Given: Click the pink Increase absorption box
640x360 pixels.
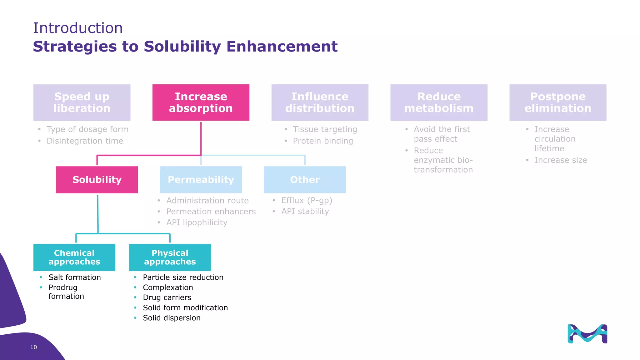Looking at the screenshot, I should pos(201,102).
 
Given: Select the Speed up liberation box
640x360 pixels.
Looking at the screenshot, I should pos(82,102).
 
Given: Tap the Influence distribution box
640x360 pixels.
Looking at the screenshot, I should pos(320,102).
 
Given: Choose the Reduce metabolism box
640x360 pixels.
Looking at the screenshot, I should pos(439,102).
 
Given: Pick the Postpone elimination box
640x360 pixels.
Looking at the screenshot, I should pos(558,102).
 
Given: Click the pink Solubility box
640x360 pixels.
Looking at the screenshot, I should pos(97,180).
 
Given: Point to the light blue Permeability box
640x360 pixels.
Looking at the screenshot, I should pos(201,180).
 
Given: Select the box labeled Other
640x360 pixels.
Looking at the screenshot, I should pos(305,180).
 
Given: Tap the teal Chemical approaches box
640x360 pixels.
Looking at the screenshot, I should pos(74,257).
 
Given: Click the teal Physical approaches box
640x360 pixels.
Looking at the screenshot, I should pos(170,257).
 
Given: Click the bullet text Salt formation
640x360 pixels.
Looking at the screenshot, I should pos(75,277).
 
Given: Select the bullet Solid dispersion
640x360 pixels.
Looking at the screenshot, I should pos(172,318).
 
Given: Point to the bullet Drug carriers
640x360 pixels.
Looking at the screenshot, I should pos(167,297).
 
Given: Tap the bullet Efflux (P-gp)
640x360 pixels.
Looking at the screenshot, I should pos(307,200).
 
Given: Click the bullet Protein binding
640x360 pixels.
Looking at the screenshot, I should pos(322,141).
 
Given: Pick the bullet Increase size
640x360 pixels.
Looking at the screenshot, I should pos(560,160).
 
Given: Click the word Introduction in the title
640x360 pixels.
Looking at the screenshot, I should pos(78,28).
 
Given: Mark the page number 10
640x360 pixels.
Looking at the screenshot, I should pos(33,347).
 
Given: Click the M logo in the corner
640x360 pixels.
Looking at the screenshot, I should pos(587,334).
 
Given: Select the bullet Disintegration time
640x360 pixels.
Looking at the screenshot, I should pos(85,141).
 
